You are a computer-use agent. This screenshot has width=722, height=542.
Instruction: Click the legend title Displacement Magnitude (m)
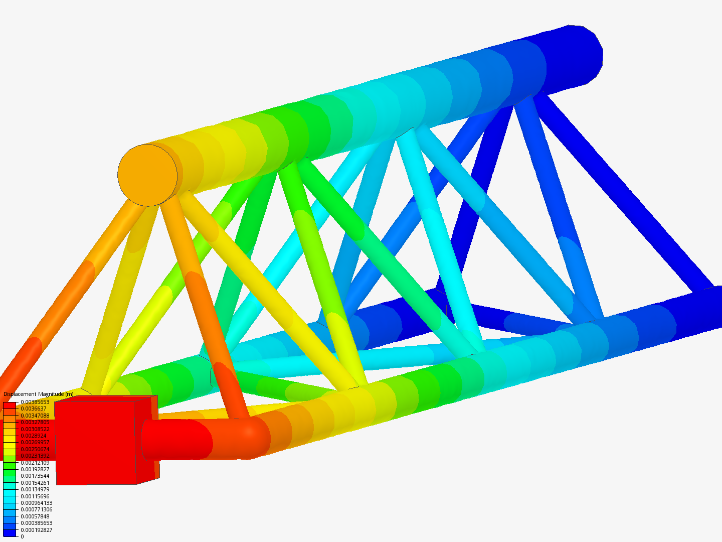point(38,394)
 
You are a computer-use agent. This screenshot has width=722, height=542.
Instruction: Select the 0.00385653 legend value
point(35,402)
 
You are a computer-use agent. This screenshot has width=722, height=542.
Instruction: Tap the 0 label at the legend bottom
point(22,536)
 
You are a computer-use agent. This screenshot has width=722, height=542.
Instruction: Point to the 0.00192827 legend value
point(35,469)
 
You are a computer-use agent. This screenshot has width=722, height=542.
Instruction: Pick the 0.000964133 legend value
point(37,503)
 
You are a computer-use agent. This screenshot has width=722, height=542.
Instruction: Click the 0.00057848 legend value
point(35,516)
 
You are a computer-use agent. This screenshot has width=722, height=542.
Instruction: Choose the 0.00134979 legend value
point(35,489)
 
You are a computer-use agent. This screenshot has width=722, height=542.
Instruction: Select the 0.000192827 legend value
point(37,530)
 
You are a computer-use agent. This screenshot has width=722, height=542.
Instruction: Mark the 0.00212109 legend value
point(35,463)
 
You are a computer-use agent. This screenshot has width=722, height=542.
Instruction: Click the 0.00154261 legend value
point(35,483)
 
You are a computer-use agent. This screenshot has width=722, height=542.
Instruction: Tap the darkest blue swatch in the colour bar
point(10,533)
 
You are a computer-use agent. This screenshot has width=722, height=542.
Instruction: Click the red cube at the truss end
point(95,442)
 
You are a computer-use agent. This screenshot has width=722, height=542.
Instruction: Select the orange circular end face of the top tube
point(147,175)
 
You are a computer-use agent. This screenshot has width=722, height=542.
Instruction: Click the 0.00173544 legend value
point(35,476)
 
